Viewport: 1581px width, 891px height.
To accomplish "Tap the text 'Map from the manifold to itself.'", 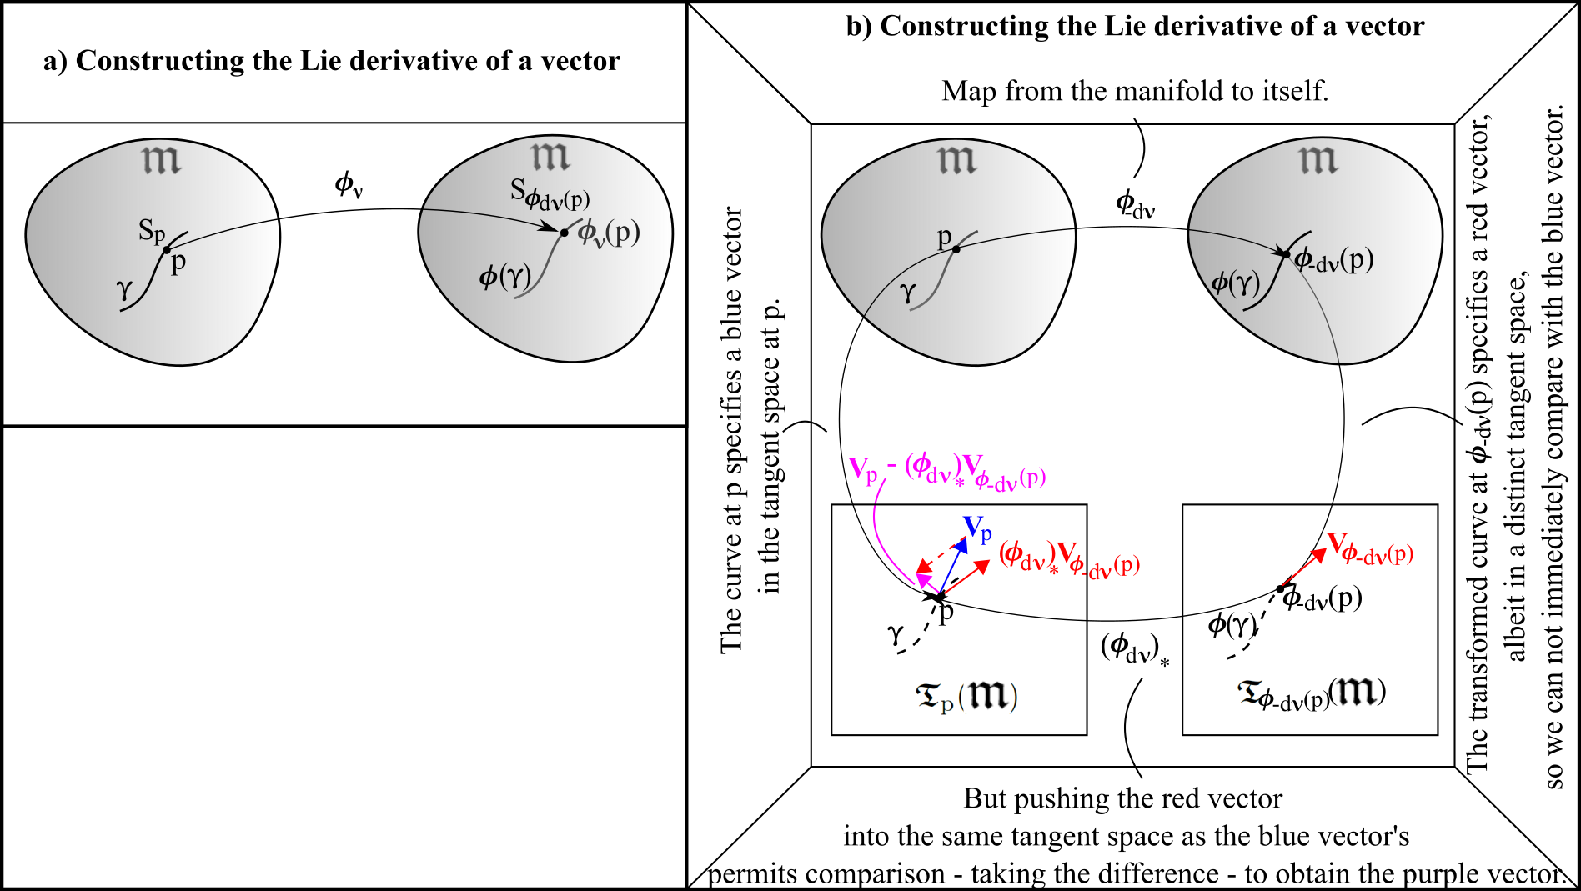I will pyautogui.click(x=1135, y=90).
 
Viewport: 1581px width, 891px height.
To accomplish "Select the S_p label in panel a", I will pyautogui.click(x=151, y=230).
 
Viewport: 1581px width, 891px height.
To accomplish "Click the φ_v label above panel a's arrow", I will pyautogui.click(x=348, y=184).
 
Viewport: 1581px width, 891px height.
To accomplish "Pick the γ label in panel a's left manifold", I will pyautogui.click(x=124, y=289).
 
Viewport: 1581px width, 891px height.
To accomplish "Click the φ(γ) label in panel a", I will pyautogui.click(x=504, y=276).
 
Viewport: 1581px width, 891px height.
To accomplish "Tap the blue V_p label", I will pyautogui.click(x=977, y=528).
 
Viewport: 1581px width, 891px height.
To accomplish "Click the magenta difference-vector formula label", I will pyautogui.click(x=947, y=471).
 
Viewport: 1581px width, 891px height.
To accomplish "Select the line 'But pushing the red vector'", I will pyautogui.click(x=1122, y=798).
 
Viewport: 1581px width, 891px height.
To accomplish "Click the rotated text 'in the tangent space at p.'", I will pyautogui.click(x=770, y=446).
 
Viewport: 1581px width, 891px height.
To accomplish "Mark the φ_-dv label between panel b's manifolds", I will pyautogui.click(x=1135, y=203).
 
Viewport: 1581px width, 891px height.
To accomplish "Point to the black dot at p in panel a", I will pyautogui.click(x=167, y=250).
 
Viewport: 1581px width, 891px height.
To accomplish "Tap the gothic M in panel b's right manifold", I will pyautogui.click(x=1318, y=159).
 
